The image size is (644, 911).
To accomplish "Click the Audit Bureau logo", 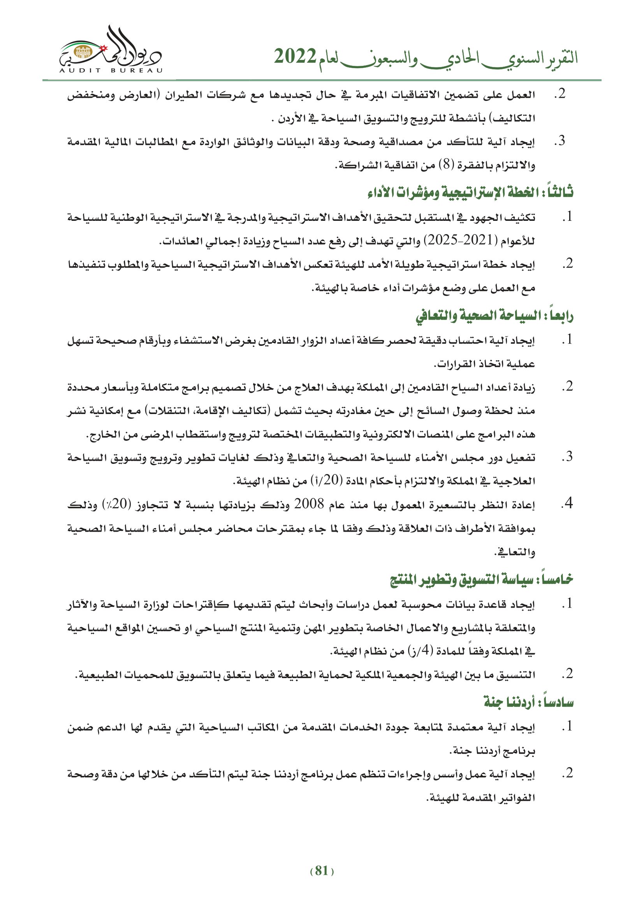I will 111,49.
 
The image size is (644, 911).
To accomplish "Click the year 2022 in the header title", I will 295,57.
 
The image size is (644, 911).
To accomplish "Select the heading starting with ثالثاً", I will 470,192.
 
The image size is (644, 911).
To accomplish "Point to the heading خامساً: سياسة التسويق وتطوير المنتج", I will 481,579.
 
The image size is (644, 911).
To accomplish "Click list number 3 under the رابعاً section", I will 567,457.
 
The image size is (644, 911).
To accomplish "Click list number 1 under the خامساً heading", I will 567,604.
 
